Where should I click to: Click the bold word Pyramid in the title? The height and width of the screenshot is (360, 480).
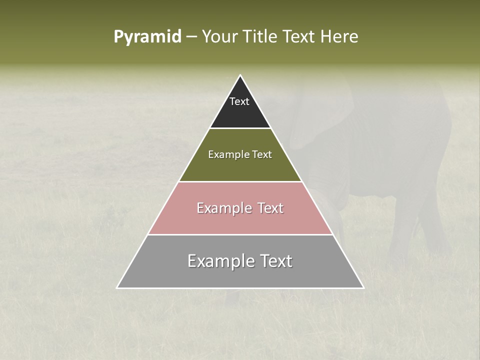(x=147, y=37)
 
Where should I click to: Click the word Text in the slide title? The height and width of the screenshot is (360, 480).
(x=300, y=37)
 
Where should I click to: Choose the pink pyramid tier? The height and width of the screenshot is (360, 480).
(x=240, y=220)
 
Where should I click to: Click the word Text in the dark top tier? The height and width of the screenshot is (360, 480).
(x=239, y=102)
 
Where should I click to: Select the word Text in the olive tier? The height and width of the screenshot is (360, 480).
(x=261, y=155)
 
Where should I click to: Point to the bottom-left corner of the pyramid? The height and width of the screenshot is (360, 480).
(x=117, y=287)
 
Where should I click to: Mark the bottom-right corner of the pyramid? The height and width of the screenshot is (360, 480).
(x=363, y=287)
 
